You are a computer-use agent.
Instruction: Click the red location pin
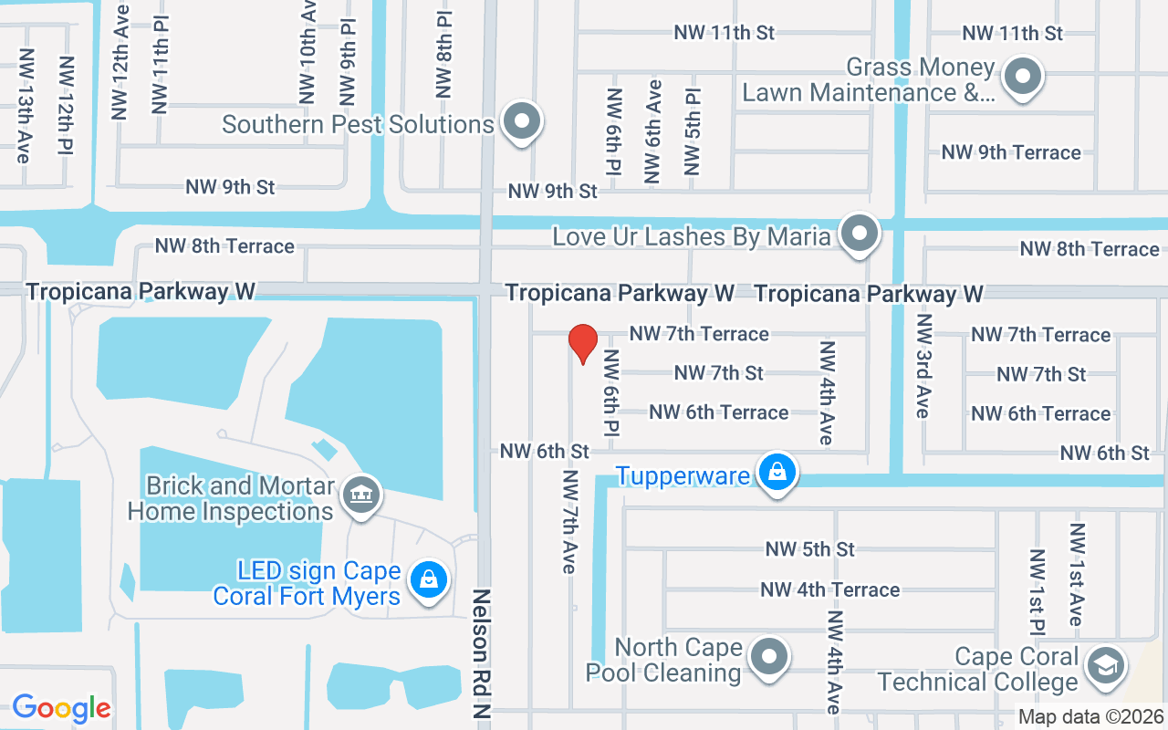[582, 343]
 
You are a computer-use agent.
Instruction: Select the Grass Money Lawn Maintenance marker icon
[1023, 77]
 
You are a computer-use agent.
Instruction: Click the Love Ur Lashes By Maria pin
[858, 234]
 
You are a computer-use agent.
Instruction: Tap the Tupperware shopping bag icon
[777, 472]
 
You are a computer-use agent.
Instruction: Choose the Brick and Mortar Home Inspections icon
[361, 495]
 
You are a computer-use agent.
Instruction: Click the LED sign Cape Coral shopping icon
[427, 579]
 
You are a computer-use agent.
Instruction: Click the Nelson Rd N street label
[481, 657]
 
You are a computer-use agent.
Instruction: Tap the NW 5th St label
[809, 549]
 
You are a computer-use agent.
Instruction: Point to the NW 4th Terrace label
[829, 590]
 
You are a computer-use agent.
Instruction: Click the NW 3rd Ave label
[924, 366]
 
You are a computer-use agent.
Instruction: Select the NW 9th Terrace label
[1011, 152]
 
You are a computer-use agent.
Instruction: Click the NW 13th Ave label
[25, 105]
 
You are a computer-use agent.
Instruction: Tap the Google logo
[61, 708]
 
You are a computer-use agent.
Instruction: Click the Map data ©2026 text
[1090, 717]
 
